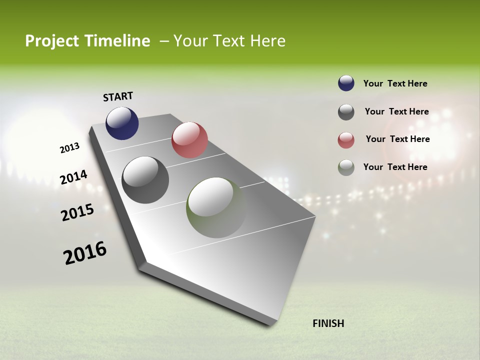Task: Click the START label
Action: [x=118, y=96]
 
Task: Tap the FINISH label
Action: [x=328, y=323]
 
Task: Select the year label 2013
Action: [x=69, y=148]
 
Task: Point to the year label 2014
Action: [x=73, y=177]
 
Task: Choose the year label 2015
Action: [x=77, y=212]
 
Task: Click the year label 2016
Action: [x=85, y=253]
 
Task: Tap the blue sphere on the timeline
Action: [x=122, y=123]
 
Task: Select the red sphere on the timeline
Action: [x=189, y=140]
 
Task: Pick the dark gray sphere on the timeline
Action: [x=145, y=180]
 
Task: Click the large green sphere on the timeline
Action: [x=216, y=207]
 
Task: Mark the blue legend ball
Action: [x=346, y=83]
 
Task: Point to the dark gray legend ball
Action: [x=346, y=112]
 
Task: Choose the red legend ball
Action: [x=346, y=140]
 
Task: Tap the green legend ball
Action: [x=346, y=167]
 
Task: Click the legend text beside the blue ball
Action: [x=395, y=83]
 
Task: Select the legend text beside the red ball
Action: [x=397, y=139]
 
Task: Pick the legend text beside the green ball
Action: [x=395, y=167]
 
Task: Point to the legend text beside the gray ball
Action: [x=396, y=111]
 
